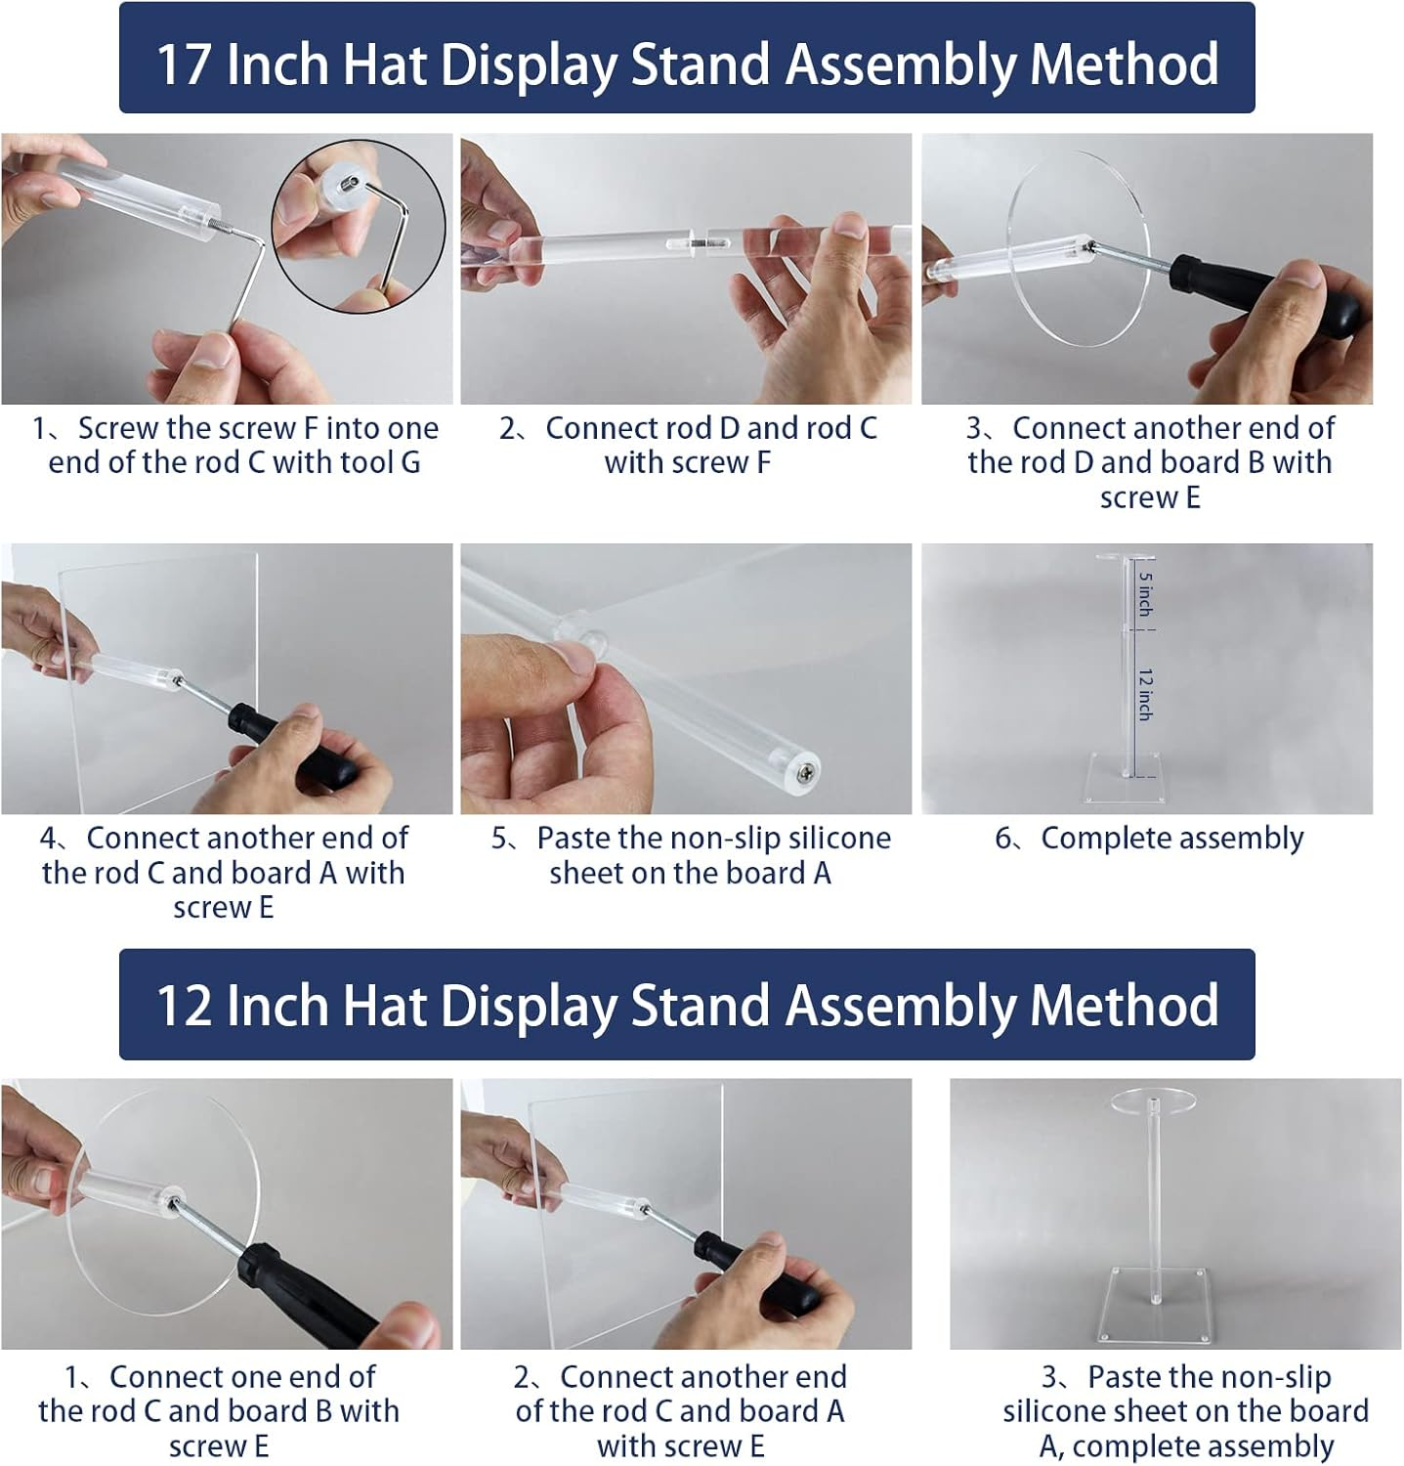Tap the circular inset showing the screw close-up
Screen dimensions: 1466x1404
(x=359, y=227)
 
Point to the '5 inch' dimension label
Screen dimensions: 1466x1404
(x=1145, y=594)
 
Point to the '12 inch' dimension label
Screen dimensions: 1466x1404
(x=1145, y=695)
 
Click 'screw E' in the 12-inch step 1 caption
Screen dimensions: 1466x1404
(x=219, y=1445)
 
